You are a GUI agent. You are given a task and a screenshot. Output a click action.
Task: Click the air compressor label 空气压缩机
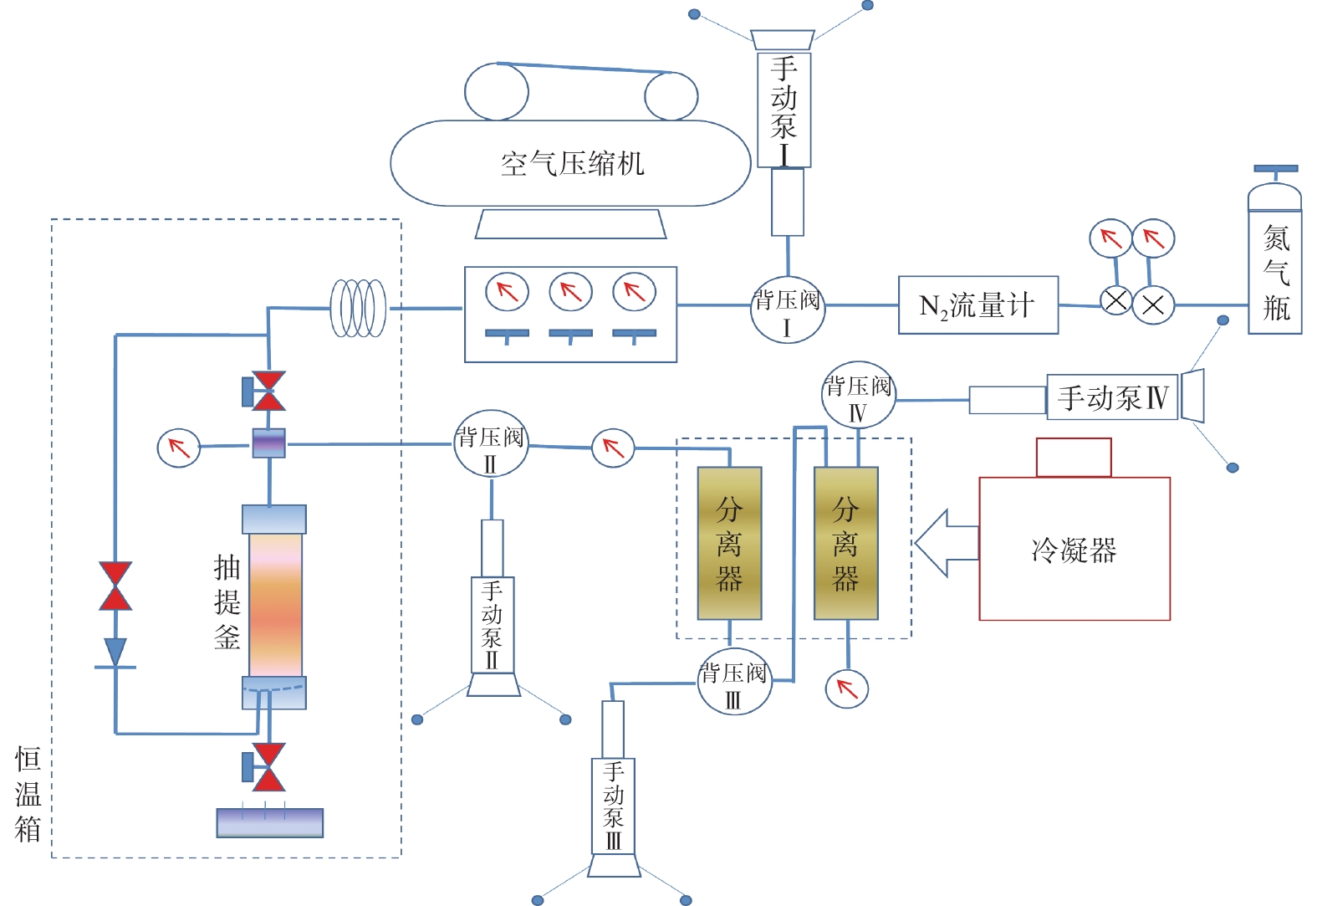click(x=573, y=163)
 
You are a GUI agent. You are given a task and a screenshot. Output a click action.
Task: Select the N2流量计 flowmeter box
click(x=978, y=305)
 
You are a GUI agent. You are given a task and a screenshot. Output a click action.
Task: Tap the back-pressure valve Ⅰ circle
click(x=787, y=309)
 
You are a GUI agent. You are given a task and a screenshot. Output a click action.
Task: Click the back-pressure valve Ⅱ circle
click(x=491, y=443)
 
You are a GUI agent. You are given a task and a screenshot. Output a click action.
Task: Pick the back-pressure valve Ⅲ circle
click(x=734, y=681)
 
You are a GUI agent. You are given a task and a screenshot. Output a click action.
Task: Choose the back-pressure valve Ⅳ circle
click(x=858, y=394)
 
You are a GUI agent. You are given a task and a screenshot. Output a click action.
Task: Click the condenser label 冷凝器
click(x=1074, y=550)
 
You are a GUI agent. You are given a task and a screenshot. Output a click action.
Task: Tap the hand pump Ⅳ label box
click(x=1112, y=397)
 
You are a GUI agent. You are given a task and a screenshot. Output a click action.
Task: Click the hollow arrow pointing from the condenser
click(x=946, y=543)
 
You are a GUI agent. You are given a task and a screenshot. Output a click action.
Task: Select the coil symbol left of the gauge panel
click(x=359, y=308)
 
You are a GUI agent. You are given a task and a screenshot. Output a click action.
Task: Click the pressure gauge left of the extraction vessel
click(x=179, y=448)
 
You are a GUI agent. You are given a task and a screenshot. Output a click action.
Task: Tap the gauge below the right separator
click(x=846, y=688)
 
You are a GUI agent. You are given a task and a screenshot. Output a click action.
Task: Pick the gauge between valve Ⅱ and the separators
click(x=613, y=448)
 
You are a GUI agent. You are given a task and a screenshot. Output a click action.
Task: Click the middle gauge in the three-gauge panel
click(x=570, y=292)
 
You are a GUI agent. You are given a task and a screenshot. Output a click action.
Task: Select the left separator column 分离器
click(x=729, y=543)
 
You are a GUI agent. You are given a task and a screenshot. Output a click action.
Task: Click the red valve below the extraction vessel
click(x=268, y=766)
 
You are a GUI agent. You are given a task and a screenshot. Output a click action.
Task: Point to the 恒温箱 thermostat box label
click(x=28, y=794)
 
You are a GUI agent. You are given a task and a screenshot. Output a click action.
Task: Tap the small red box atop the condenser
click(x=1073, y=458)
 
